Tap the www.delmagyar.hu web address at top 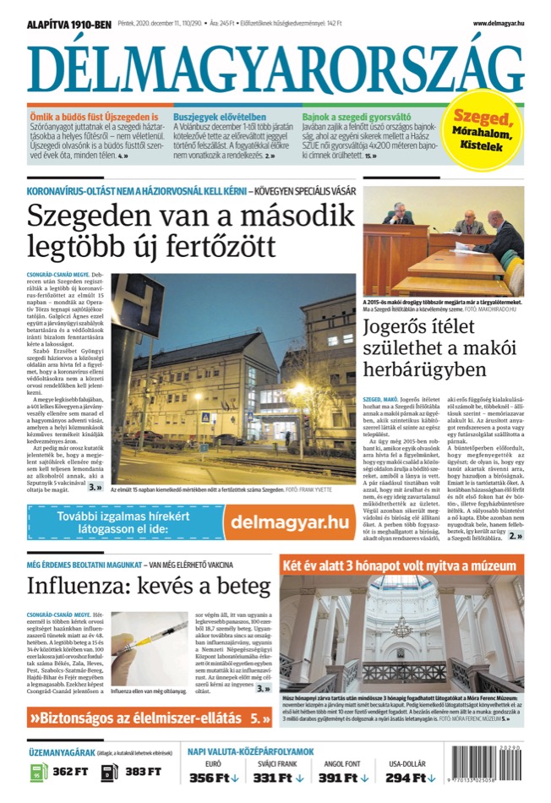click(x=498, y=23)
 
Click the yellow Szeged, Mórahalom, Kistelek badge click(x=483, y=131)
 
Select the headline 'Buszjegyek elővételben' click(x=220, y=116)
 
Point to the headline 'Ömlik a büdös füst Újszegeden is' click(x=93, y=116)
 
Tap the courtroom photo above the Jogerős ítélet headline click(x=444, y=242)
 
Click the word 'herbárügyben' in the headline click(x=425, y=369)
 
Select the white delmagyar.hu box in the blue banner click(x=279, y=523)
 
